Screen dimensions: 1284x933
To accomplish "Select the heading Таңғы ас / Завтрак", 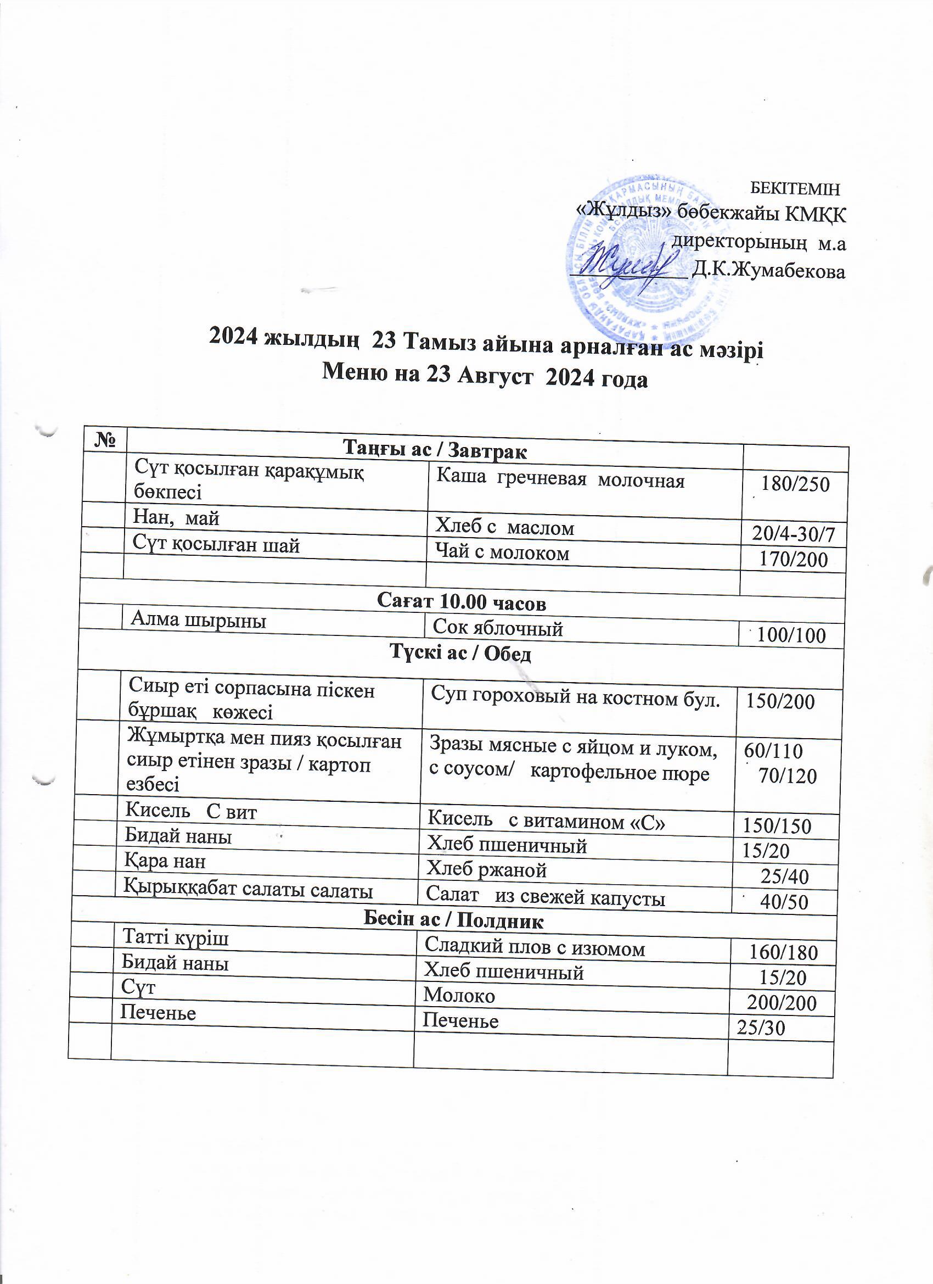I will (435, 451).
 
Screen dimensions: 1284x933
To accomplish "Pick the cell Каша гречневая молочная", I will (560, 481).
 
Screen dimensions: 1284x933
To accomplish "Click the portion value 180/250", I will (795, 484).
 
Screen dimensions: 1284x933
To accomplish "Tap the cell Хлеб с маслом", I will (504, 528).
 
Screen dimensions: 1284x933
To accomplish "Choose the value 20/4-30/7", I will (793, 534).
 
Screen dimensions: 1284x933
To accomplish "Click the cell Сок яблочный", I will (497, 628).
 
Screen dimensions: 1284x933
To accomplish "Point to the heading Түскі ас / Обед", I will (460, 654).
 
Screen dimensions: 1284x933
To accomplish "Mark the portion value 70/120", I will (787, 776).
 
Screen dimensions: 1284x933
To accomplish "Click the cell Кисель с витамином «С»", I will (546, 822).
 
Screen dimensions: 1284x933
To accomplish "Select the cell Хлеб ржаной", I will (486, 869).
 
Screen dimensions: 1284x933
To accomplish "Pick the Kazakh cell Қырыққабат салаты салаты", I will (249, 891).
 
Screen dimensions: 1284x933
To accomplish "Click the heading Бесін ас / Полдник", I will (453, 921).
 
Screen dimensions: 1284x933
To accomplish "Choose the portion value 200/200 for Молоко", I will (782, 1003).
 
